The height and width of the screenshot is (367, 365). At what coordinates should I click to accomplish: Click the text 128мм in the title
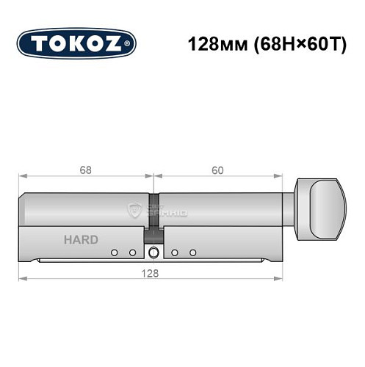pyautogui.click(x=206, y=43)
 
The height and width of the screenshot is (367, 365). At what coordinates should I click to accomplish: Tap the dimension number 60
pyautogui.click(x=217, y=170)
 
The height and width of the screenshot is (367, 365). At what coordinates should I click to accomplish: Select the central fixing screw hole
pyautogui.click(x=153, y=253)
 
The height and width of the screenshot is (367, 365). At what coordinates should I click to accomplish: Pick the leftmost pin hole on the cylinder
pyautogui.click(x=115, y=252)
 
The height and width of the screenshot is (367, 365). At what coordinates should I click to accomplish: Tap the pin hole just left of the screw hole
pyautogui.click(x=133, y=252)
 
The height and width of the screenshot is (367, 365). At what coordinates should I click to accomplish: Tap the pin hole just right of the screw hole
pyautogui.click(x=175, y=252)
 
